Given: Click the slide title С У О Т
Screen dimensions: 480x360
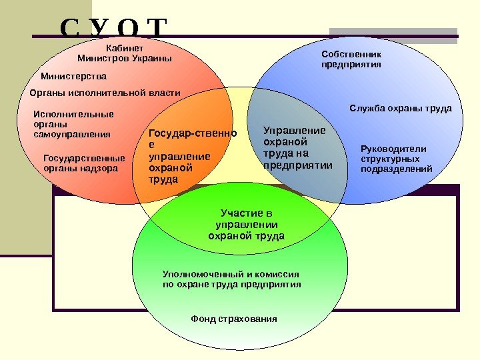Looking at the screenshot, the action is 113,30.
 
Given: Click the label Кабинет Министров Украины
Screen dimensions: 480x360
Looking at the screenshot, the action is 125,53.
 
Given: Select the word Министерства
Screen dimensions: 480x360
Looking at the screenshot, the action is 73,76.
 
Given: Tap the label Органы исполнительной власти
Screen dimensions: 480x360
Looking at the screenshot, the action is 105,93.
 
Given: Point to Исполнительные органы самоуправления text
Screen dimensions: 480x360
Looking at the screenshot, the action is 72,124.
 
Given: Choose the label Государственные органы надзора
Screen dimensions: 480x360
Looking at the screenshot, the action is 84,163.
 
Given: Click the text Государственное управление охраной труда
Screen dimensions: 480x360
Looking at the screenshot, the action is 192,157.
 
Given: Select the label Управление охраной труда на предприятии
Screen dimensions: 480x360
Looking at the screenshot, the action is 297,147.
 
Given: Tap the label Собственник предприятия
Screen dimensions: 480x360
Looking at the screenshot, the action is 351,59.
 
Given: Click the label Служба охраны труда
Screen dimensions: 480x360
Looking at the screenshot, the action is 401,108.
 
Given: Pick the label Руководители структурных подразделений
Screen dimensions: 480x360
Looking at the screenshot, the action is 396,159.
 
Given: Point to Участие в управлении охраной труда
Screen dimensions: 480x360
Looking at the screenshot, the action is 246,225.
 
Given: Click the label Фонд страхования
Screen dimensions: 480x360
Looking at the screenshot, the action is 233,319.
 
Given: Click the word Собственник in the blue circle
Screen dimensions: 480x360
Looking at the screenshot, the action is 351,54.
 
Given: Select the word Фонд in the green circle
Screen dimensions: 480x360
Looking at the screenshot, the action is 202,319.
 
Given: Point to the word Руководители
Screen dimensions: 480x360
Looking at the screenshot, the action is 393,149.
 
